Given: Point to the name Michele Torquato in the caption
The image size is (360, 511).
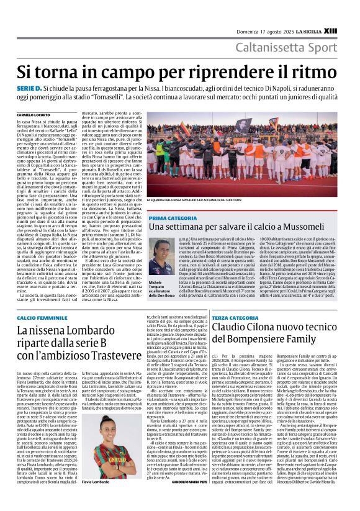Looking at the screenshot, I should click(x=157, y=284).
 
